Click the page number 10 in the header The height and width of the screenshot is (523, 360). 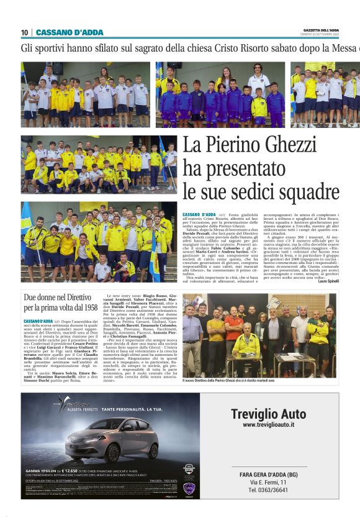[x=24, y=32]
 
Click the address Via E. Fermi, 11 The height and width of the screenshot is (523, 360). [x=268, y=482]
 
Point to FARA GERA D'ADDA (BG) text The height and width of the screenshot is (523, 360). [x=268, y=474]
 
